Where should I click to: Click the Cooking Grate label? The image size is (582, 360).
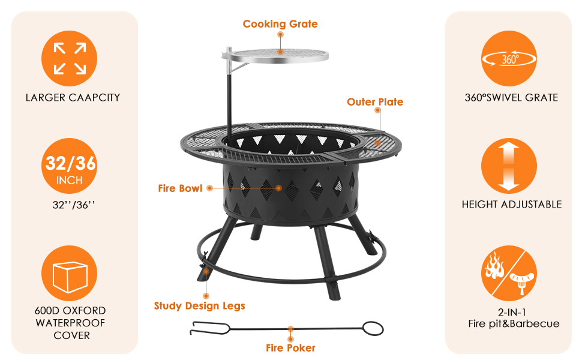pos(280,24)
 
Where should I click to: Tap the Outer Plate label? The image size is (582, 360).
pos(375,102)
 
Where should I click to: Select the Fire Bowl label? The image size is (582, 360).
pos(181,188)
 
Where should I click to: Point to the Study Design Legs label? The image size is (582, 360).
pos(200,306)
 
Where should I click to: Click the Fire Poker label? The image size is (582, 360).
pos(290,348)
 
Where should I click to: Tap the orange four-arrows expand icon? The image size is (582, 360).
pos(70,59)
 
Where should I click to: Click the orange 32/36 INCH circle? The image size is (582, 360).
pos(70,166)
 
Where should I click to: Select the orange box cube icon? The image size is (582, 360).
pos(70,273)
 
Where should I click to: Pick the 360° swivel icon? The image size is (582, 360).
pos(509,59)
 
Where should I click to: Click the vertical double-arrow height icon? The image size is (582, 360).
pos(509,166)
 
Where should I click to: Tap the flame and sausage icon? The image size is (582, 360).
pos(509,273)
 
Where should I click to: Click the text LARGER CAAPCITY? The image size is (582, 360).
pos(73,98)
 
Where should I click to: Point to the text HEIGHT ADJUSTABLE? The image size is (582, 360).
pos(512,205)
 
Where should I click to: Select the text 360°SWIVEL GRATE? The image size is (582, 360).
pos(511,98)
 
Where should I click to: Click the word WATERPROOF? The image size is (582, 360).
pos(71,323)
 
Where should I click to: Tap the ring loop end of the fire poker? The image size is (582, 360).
pos(373,328)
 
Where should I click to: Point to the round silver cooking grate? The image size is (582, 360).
pos(278,56)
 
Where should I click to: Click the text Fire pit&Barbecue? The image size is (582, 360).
pos(514,324)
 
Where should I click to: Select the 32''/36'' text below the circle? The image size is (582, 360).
pos(74,205)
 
